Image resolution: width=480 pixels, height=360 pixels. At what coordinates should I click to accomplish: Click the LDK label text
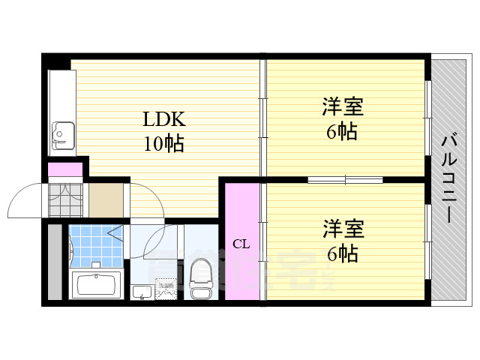pos(164,120)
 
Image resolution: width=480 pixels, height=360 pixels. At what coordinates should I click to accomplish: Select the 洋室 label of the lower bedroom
pos(342,228)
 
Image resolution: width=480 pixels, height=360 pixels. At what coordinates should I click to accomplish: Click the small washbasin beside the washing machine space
pos(140,291)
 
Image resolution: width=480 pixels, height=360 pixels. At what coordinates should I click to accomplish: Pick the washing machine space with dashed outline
pos(166,289)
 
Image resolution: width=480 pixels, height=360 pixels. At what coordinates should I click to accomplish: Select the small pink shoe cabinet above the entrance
pos(65,169)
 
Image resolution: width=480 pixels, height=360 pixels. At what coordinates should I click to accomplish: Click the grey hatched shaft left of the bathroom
pos(54,262)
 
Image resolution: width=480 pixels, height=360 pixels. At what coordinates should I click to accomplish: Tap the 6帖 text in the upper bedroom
pos(342,133)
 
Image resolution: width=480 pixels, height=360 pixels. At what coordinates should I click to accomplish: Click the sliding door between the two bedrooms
pos(345,180)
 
